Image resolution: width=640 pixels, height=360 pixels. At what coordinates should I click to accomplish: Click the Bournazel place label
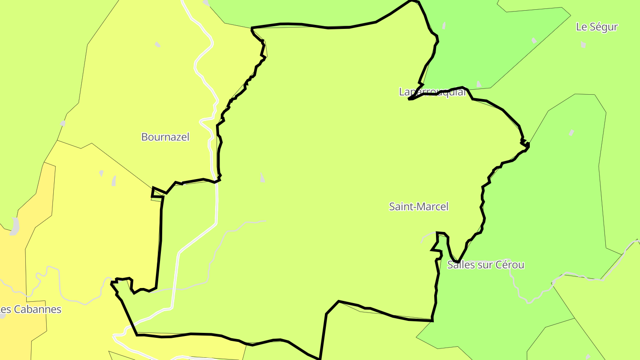click(165, 137)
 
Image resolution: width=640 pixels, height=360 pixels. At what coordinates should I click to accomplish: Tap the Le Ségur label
click(596, 27)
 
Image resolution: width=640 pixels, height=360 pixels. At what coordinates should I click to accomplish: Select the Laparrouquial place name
click(432, 92)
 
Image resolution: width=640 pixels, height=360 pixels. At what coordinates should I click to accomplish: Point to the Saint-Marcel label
click(419, 206)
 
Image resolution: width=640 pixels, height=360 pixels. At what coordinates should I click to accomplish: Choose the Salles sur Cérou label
click(486, 265)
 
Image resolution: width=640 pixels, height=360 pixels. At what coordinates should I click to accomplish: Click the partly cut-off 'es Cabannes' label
click(30, 309)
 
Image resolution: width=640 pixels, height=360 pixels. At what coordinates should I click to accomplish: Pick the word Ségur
click(603, 27)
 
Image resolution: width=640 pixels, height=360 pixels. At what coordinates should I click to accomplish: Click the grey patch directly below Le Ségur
click(583, 44)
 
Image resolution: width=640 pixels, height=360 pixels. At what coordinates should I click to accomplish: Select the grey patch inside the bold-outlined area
click(262, 178)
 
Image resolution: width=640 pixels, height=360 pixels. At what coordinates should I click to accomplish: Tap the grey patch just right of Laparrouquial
click(479, 84)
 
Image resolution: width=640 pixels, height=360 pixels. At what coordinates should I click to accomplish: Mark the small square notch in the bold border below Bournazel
click(157, 192)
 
